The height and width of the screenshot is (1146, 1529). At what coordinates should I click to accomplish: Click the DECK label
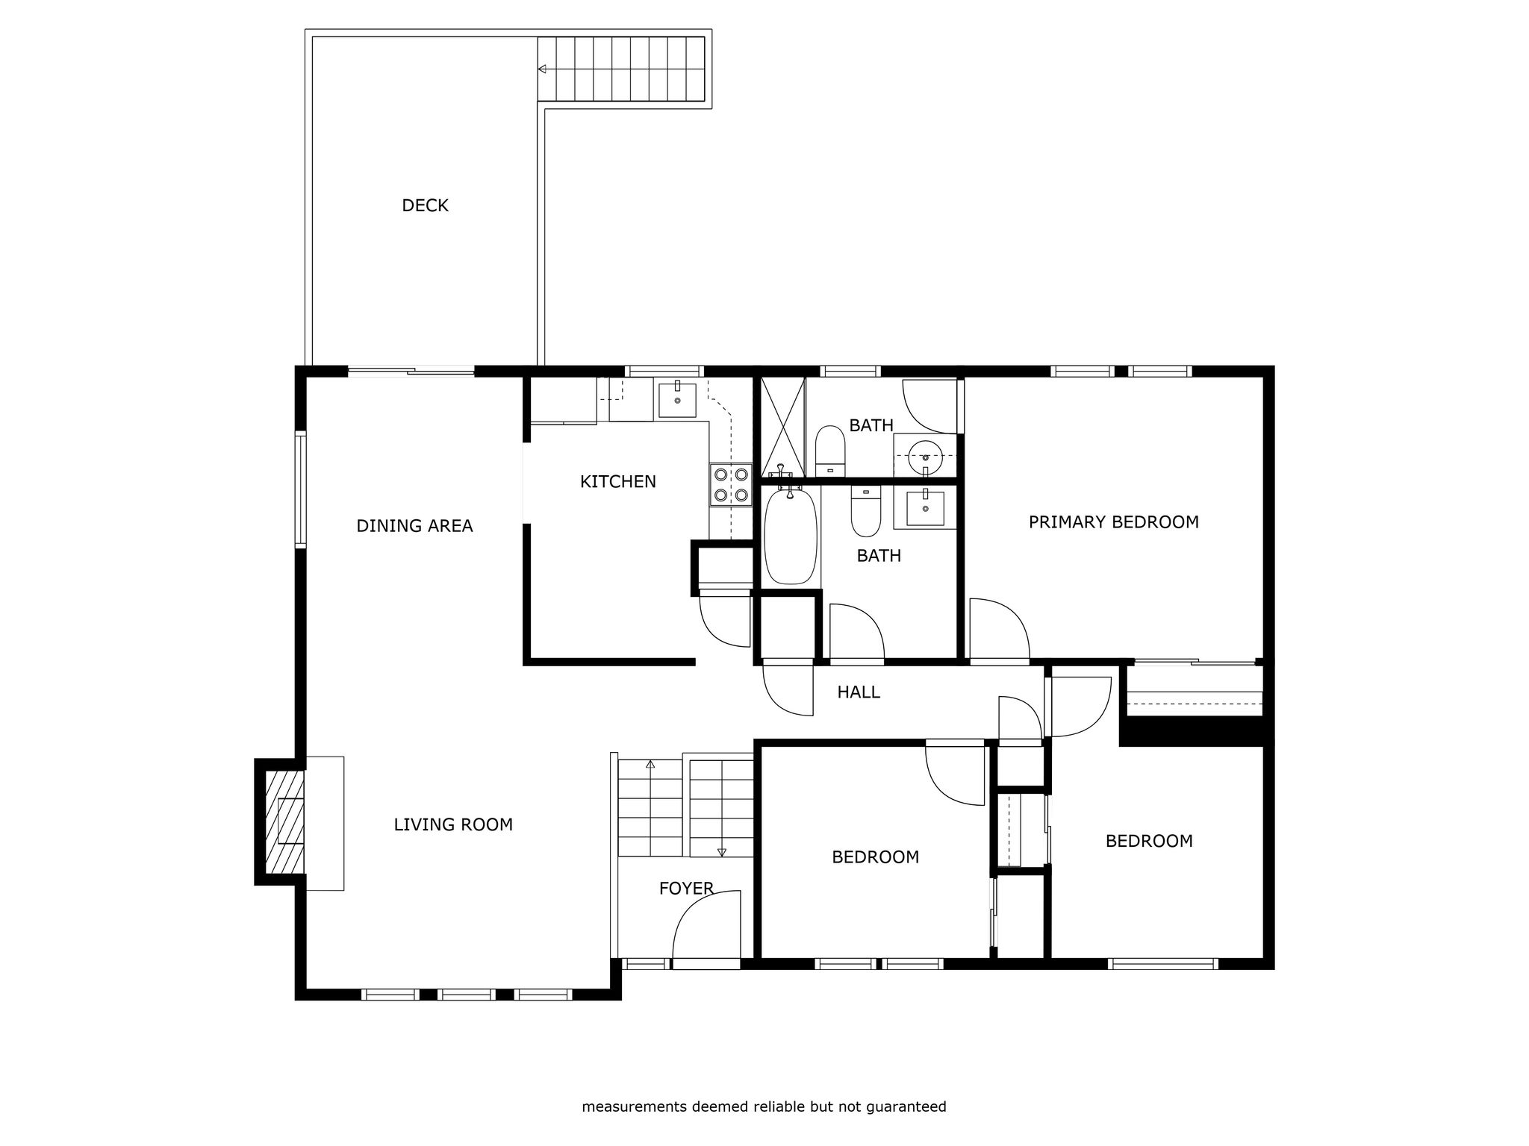(x=425, y=205)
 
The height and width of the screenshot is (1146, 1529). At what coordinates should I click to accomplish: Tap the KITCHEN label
(x=618, y=482)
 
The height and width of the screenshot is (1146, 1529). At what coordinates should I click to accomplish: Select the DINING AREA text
(x=414, y=526)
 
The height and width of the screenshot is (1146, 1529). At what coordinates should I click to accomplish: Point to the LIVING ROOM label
(x=453, y=824)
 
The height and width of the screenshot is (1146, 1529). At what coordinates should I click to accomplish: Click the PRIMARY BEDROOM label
(x=1114, y=522)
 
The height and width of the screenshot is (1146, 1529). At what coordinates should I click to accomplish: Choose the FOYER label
(x=686, y=889)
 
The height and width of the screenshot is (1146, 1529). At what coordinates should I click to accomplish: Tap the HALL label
(x=859, y=692)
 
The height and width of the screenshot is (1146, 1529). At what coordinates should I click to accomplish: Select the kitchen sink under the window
(x=677, y=401)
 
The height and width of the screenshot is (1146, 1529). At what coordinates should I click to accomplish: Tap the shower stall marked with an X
(x=783, y=428)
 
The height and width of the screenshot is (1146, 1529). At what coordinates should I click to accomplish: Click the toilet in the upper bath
(x=829, y=451)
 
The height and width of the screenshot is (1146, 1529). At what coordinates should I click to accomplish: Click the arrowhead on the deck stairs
(x=543, y=69)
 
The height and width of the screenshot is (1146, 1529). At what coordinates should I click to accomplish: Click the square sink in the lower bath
(x=925, y=508)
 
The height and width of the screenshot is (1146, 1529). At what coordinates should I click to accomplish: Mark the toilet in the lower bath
(x=866, y=511)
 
